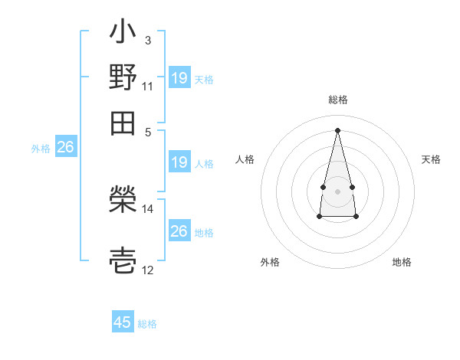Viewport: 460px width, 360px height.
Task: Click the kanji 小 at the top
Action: pos(123,32)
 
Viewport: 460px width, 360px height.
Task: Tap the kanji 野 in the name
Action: pos(123,77)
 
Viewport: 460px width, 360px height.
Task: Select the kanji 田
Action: pos(123,121)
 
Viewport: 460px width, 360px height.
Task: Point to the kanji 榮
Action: pos(123,201)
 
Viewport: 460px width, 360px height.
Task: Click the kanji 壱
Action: pos(123,260)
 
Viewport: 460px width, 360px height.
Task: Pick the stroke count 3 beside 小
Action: pos(147,40)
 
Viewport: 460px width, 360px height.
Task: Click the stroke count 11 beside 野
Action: pos(148,85)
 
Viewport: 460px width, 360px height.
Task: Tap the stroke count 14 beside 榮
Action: pos(148,208)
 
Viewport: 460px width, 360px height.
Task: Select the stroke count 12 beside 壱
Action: pos(148,270)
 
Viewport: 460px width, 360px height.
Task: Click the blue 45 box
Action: pos(123,322)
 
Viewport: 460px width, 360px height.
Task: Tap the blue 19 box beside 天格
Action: pos(179,78)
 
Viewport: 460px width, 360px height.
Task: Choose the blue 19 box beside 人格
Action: pos(179,162)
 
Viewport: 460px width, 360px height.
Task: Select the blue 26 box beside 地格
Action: pos(179,231)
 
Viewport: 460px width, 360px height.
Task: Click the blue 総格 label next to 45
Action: pos(147,324)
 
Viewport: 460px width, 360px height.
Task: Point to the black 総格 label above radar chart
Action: pos(337,100)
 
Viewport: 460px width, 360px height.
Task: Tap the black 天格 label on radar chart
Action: pos(431,159)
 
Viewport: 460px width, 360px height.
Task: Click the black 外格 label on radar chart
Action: pos(270,262)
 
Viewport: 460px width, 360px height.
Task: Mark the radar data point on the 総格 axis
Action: pos(337,129)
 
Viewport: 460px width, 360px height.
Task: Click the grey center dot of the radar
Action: pos(337,190)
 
